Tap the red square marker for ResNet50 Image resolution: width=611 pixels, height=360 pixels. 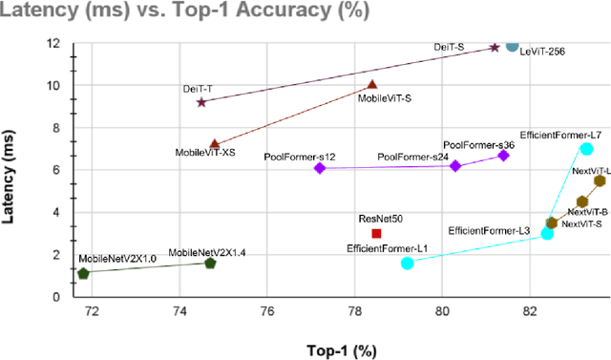(x=376, y=233)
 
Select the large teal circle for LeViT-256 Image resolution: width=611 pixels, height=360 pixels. (x=512, y=45)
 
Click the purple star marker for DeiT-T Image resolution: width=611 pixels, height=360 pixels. (x=201, y=102)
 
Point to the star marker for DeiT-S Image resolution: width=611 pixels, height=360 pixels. (x=494, y=47)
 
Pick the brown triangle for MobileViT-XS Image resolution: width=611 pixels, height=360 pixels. (x=215, y=144)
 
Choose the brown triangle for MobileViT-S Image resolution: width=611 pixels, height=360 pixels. (x=372, y=85)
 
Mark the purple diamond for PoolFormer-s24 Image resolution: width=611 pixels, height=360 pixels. (x=455, y=166)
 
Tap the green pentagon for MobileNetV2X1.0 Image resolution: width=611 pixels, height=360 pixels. (x=83, y=273)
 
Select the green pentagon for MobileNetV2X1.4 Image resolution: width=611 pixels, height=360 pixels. (x=210, y=263)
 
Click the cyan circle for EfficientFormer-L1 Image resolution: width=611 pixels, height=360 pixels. (x=408, y=263)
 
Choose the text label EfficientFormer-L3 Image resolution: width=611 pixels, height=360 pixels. (x=489, y=231)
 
